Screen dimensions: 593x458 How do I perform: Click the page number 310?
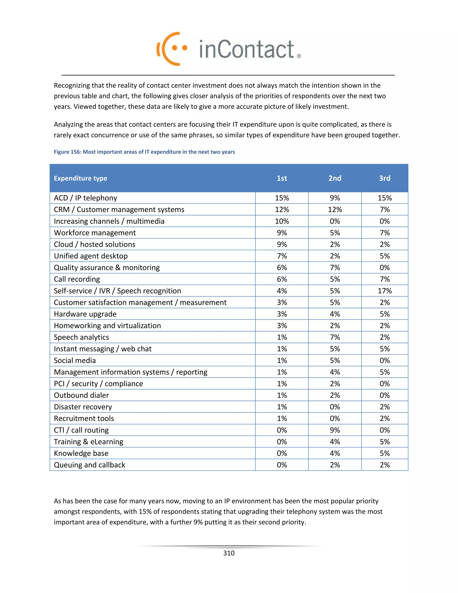pos(229,553)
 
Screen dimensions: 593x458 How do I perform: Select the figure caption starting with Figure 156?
pos(144,152)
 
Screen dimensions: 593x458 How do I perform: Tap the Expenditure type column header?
pos(81,178)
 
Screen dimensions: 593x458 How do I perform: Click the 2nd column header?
pos(335,178)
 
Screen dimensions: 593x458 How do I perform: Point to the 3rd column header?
pos(384,178)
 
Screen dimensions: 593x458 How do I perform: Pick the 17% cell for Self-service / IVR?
pos(384,291)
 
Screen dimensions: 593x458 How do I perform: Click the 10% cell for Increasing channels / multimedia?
pos(282,221)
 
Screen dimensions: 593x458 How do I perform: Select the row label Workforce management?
pos(95,233)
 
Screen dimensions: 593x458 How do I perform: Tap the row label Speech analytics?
pos(81,337)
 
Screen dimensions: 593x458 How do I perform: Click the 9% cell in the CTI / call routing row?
pos(335,430)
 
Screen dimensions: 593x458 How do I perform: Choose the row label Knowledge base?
pos(81,453)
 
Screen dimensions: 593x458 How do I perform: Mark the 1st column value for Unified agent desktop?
pos(282,256)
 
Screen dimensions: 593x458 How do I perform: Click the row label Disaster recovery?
pos(83,407)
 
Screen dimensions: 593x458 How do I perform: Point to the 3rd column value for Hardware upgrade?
pos(384,314)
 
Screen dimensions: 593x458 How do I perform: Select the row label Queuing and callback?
pos(89,465)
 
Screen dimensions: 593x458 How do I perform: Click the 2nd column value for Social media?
pos(335,360)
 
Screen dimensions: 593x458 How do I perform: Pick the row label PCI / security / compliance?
pos(98,384)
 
